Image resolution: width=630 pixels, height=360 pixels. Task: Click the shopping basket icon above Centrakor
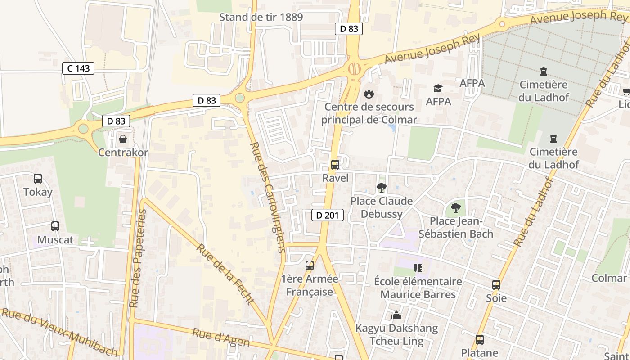[122, 139]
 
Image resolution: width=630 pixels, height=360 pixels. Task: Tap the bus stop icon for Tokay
[38, 179]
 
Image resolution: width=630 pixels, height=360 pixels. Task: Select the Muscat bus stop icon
[55, 226]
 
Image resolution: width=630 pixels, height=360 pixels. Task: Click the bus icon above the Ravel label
[335, 165]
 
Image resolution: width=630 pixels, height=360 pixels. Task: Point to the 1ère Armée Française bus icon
[310, 265]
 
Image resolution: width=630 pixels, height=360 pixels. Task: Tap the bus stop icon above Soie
[496, 285]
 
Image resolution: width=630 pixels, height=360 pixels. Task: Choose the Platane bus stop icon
[480, 340]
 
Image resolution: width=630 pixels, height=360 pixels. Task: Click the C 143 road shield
[78, 68]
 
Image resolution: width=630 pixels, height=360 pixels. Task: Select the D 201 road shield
[328, 215]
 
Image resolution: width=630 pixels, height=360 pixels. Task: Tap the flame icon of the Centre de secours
[369, 94]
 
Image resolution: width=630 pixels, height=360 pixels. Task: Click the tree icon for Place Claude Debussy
[382, 187]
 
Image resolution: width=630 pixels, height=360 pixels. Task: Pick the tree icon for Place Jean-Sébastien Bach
[455, 207]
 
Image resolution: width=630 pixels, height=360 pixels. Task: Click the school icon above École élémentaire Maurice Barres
[418, 268]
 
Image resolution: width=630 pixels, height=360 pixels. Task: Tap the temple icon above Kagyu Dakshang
[396, 315]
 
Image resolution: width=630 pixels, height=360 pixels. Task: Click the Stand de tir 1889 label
[261, 17]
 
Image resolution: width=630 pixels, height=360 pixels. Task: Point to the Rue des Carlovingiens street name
[269, 198]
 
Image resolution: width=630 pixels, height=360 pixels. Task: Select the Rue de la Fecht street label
[225, 274]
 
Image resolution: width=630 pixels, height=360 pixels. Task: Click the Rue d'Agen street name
[221, 337]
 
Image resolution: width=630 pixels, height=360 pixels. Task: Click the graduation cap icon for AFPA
[438, 88]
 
